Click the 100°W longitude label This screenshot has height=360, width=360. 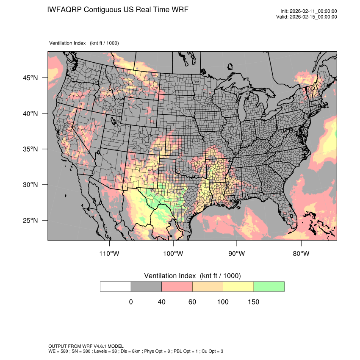coord(173,254)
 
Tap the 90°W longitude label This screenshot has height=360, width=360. coord(237,254)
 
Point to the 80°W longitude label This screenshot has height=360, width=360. coord(301,254)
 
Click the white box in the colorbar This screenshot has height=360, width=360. coord(116,286)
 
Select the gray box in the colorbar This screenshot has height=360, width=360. coord(146,286)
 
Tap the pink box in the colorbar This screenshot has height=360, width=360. coord(177,286)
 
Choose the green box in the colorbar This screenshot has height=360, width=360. coord(269,286)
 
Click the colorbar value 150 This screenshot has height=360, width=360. coord(253,302)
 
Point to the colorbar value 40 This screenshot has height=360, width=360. coord(161,302)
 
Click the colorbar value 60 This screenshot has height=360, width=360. coord(192,302)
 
